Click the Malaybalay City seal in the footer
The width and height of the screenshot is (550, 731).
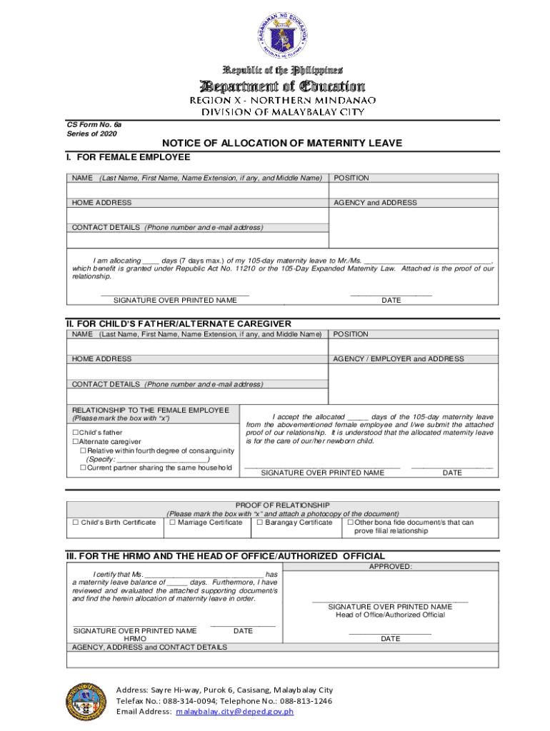[x=85, y=702]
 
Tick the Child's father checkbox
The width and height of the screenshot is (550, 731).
[x=75, y=433]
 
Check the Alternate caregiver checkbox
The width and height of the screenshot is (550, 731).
[x=75, y=442]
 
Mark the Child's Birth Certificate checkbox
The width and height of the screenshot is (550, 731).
[x=75, y=523]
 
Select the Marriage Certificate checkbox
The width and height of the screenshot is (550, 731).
[x=172, y=523]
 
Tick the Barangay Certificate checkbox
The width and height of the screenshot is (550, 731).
[x=259, y=523]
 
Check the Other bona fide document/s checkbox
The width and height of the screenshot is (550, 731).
[x=350, y=523]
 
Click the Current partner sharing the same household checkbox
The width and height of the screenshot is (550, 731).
[x=83, y=468]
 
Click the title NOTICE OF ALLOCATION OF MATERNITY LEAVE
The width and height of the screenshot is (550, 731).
[x=282, y=143]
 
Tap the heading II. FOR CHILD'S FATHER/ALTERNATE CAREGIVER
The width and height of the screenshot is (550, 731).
[x=179, y=323]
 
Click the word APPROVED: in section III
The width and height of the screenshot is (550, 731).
[x=390, y=566]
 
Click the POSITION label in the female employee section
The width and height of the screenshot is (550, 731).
[x=351, y=178]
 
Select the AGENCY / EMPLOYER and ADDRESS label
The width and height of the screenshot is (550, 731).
[x=398, y=359]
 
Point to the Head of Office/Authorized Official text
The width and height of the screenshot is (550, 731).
[x=390, y=615]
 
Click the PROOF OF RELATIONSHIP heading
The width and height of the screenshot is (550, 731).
[x=282, y=505]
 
